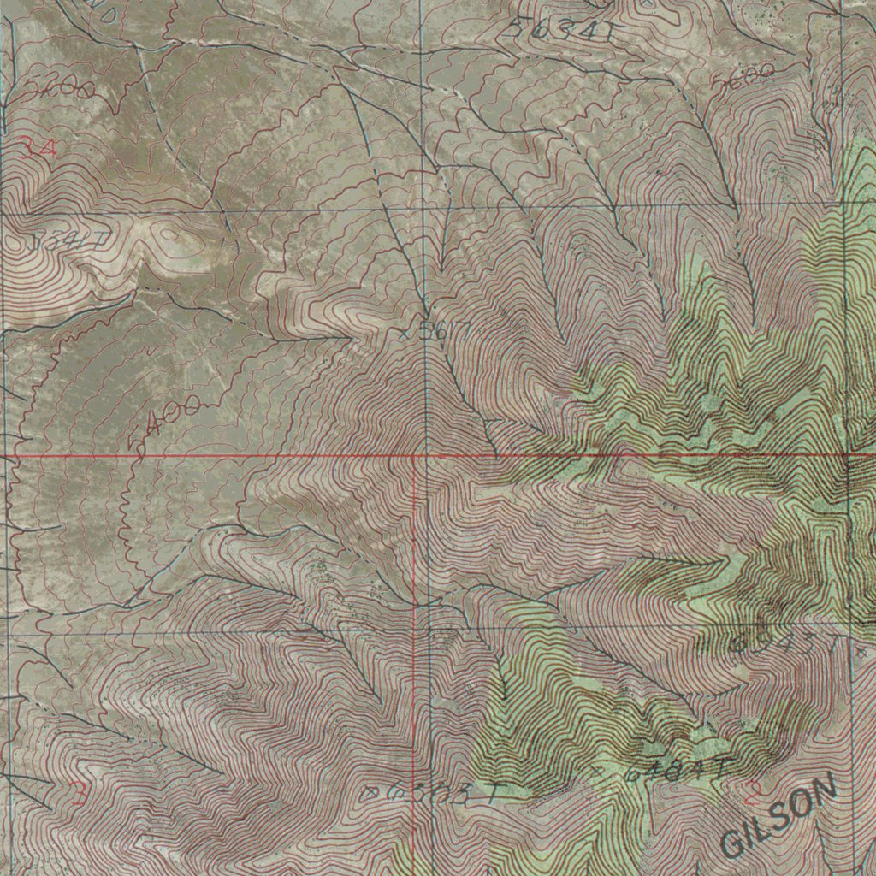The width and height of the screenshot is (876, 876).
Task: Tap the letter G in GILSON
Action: pos(734,843)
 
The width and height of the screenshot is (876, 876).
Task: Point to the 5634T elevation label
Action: pos(560,31)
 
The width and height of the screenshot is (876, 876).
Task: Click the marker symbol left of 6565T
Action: pos(371,793)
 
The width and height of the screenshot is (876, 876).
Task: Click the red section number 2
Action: pos(753,792)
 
